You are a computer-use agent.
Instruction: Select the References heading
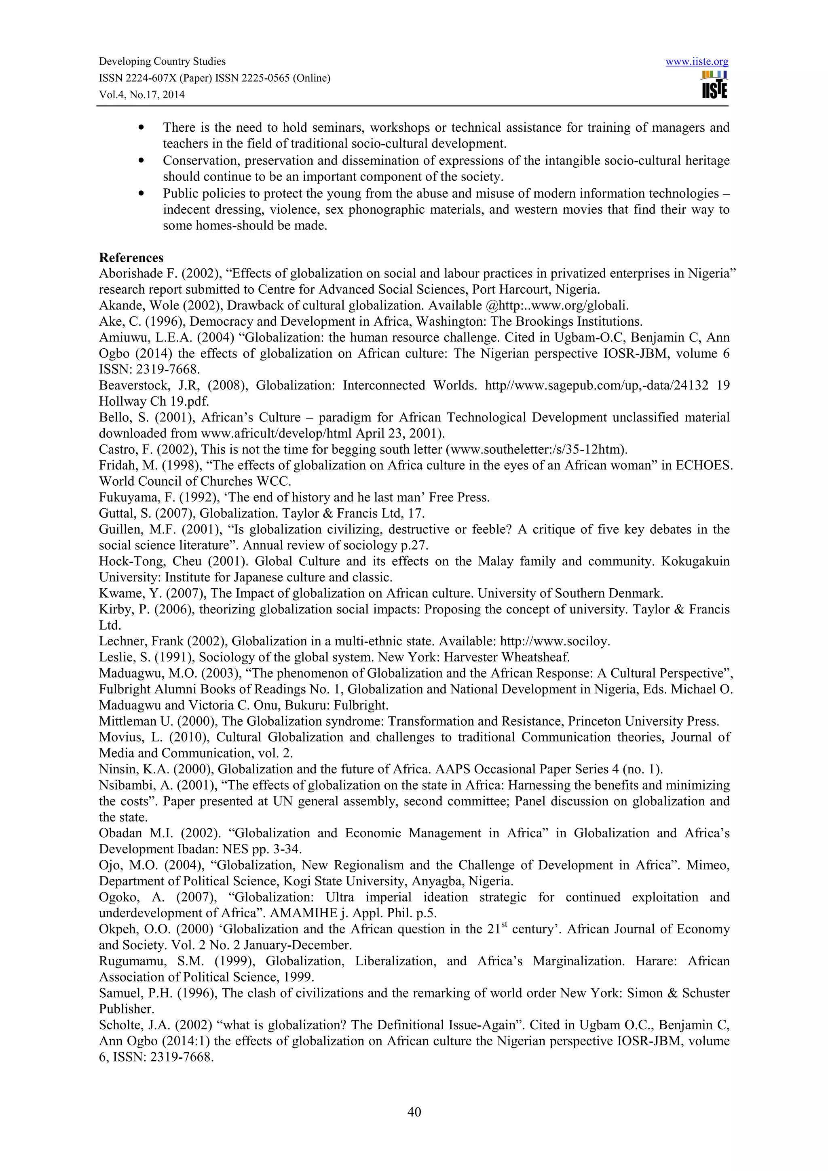(131, 257)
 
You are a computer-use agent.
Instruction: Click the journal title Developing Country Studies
(162, 62)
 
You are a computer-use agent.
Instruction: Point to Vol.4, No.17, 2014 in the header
(142, 95)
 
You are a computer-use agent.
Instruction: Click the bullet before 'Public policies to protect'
(142, 194)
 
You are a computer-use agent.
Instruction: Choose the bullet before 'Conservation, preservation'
(142, 161)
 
